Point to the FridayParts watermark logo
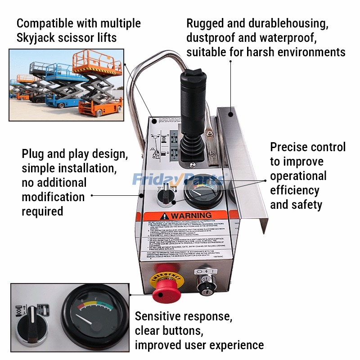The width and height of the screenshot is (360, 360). click(178, 180)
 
